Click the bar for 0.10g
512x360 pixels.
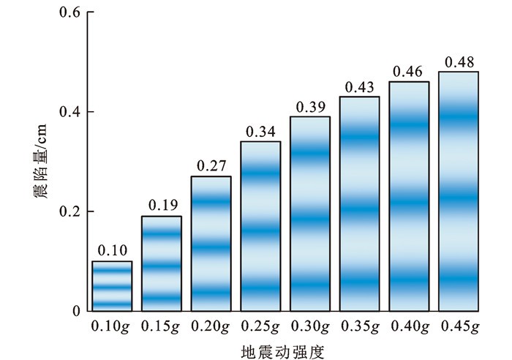(x=112, y=285)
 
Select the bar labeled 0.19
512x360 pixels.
(x=162, y=263)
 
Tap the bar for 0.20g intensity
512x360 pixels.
(x=211, y=244)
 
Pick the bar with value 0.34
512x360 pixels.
(x=260, y=226)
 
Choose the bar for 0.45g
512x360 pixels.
(x=459, y=191)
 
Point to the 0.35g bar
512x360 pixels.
(x=359, y=203)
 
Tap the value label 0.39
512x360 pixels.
(x=310, y=107)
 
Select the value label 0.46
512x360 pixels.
(x=409, y=72)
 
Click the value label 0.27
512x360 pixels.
(x=211, y=166)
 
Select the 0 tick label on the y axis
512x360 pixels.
(x=75, y=311)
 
